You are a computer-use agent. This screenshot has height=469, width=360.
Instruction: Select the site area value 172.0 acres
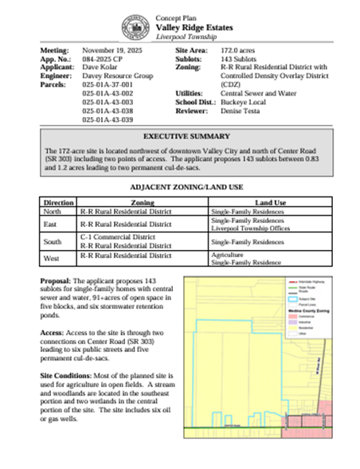point(237,50)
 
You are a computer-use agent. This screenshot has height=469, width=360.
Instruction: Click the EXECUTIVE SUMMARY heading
point(181,137)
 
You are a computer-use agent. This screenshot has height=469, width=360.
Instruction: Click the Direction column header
point(59,203)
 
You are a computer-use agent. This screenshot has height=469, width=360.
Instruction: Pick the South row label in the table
point(53,241)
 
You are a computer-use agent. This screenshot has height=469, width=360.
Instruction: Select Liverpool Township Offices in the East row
point(248,228)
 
